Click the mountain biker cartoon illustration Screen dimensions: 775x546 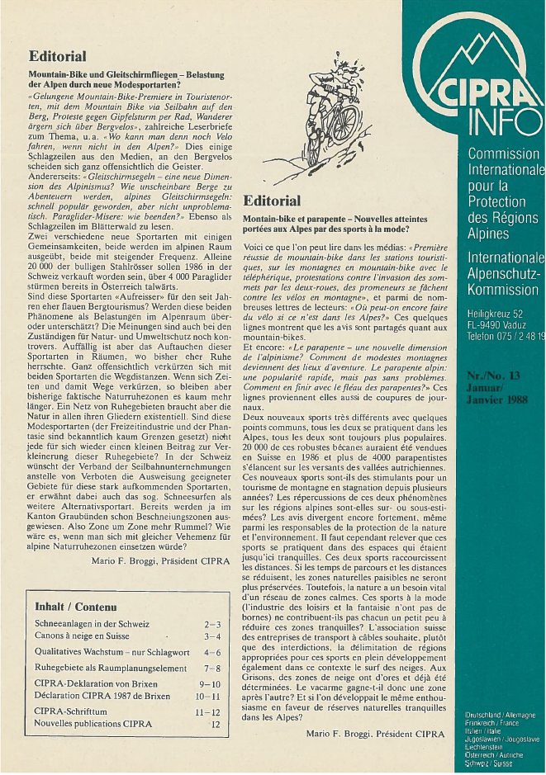(341, 124)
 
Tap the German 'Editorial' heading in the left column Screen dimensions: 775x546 (57, 57)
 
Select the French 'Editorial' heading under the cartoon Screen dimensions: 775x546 (273, 201)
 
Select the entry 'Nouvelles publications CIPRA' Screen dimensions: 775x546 (94, 725)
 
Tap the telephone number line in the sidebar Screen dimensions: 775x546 (505, 338)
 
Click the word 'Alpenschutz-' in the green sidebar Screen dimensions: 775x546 (504, 273)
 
